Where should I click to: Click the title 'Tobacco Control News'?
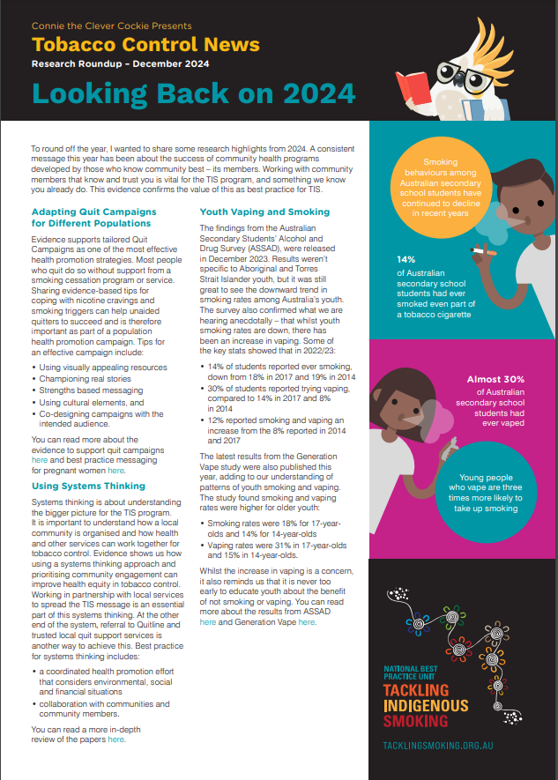145,45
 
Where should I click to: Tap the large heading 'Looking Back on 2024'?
193,93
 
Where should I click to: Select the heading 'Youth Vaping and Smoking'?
264,212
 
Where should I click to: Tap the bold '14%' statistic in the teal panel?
405,260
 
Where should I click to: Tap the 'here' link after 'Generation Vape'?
307,621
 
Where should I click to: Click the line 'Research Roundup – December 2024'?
120,64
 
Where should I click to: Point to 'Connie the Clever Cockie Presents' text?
111,26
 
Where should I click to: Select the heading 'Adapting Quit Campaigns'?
93,212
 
